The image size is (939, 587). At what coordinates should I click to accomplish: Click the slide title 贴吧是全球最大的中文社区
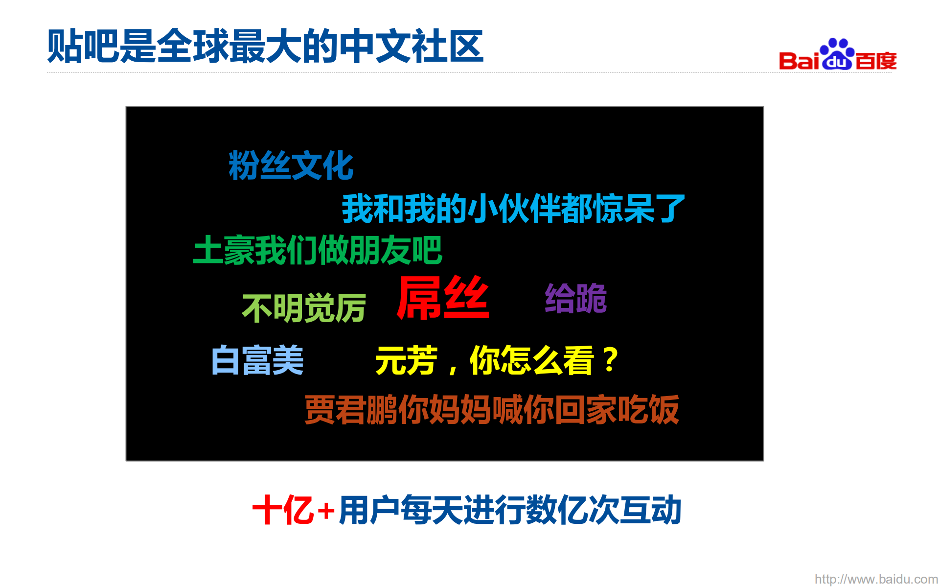[x=265, y=47]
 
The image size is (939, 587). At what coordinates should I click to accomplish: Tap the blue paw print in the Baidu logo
[x=837, y=54]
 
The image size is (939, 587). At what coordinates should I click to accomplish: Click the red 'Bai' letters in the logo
[x=799, y=61]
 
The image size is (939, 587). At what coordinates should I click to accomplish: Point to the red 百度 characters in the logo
[x=876, y=61]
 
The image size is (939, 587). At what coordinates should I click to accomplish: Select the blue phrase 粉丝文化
[x=291, y=165]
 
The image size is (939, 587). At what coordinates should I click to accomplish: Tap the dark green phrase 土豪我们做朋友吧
[x=318, y=250]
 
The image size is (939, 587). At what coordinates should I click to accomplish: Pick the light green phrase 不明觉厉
[x=304, y=308]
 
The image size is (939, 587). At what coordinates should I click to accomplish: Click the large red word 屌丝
[x=443, y=298]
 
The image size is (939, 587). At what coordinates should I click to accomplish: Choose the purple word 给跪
[x=576, y=298]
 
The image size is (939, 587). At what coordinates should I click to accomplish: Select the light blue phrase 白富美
[x=257, y=360]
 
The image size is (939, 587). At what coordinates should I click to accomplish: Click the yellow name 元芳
[x=406, y=361]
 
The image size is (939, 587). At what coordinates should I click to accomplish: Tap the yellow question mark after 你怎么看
[x=610, y=360]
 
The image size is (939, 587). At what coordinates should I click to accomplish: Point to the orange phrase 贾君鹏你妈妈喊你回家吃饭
[x=491, y=410]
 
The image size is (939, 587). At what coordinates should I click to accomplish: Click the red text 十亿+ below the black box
[x=293, y=510]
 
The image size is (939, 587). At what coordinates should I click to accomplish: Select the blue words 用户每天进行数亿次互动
[x=510, y=510]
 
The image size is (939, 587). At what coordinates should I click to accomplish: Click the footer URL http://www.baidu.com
[x=876, y=579]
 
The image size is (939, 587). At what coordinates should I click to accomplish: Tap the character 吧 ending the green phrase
[x=427, y=250]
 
